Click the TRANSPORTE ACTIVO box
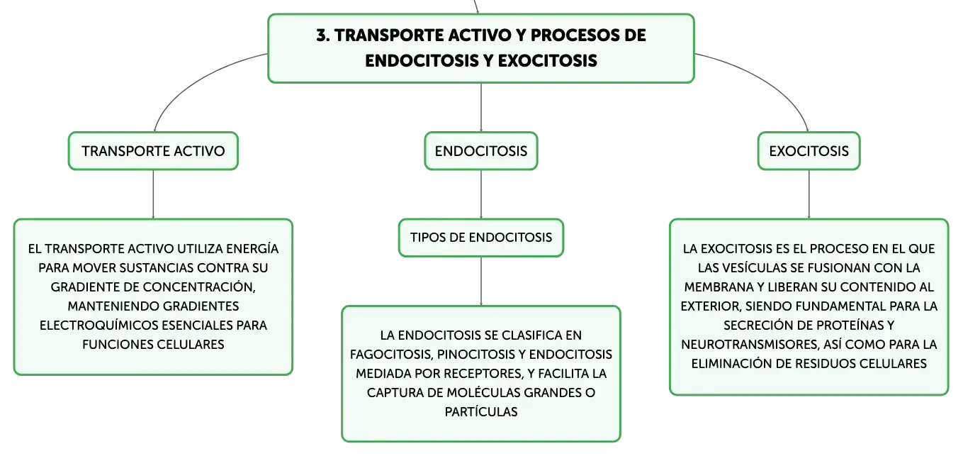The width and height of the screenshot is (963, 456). pyautogui.click(x=153, y=151)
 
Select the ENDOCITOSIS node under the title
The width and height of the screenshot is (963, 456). pyautogui.click(x=481, y=151)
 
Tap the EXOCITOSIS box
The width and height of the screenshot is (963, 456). pyautogui.click(x=809, y=151)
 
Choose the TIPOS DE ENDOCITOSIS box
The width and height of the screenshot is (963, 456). pyautogui.click(x=481, y=238)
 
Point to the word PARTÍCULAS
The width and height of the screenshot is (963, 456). pyautogui.click(x=481, y=412)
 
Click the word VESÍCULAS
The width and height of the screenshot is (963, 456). pyautogui.click(x=750, y=268)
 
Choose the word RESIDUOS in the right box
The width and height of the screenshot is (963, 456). pyautogui.click(x=825, y=364)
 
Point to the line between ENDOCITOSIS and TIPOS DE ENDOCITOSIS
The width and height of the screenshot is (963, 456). pyautogui.click(x=481, y=194)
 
